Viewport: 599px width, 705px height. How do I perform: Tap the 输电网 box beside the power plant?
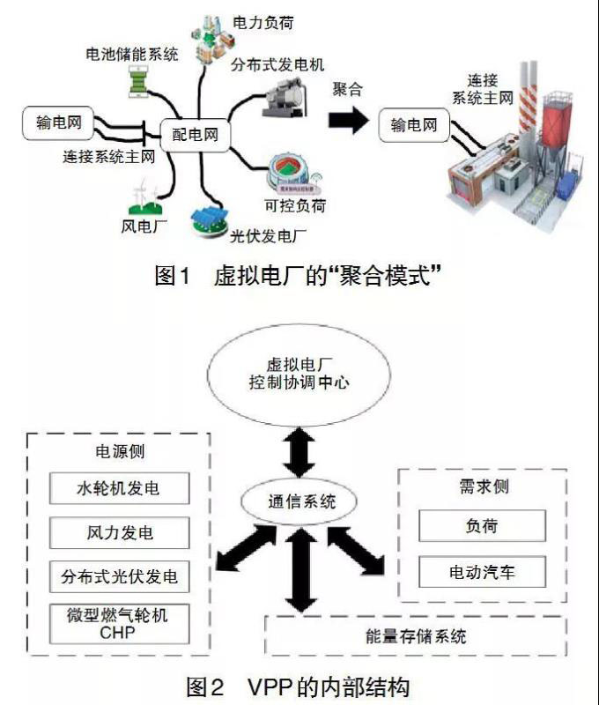pyautogui.click(x=413, y=125)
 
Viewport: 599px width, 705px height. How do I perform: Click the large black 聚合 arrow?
pyautogui.click(x=350, y=121)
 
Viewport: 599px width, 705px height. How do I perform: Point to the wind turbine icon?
pyautogui.click(x=145, y=198)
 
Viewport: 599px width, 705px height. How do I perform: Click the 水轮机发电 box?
pyautogui.click(x=120, y=487)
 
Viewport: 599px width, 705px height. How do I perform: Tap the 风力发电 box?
pyautogui.click(x=120, y=531)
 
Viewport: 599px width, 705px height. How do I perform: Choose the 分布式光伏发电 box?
pyautogui.click(x=120, y=576)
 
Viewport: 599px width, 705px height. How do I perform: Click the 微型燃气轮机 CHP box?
pyautogui.click(x=120, y=624)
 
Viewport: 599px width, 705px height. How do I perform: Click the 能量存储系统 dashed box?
pyautogui.click(x=415, y=635)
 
